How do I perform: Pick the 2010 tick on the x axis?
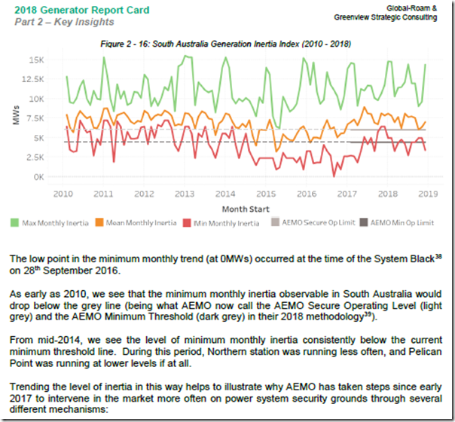[63, 194]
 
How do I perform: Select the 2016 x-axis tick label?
[305, 194]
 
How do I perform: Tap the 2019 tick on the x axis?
[427, 194]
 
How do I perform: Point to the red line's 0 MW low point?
[334, 176]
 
